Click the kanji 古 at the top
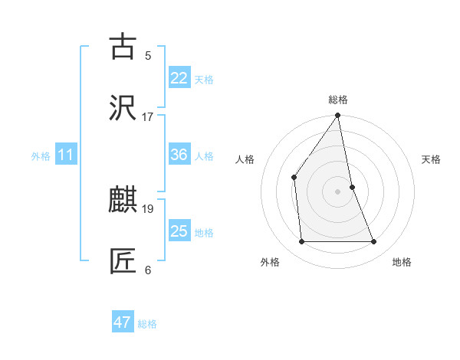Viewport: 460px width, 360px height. [x=123, y=46]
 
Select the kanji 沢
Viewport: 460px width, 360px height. [x=123, y=108]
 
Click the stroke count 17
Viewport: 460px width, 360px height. [x=148, y=117]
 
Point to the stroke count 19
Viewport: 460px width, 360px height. [x=148, y=208]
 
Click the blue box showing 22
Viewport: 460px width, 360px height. [x=179, y=78]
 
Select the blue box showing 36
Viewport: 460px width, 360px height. [x=179, y=155]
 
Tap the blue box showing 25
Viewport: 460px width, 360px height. [x=179, y=231]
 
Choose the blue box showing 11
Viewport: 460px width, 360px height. [x=66, y=155]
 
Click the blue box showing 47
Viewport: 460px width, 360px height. [x=123, y=322]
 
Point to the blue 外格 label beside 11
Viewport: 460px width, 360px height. [x=41, y=156]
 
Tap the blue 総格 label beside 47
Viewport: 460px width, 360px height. [x=147, y=324]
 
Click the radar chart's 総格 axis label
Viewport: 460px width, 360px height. [x=338, y=100]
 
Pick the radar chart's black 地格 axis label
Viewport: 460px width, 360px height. [x=402, y=263]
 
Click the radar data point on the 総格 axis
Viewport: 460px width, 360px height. [x=338, y=116]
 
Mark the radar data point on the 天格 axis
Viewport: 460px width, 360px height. [x=353, y=186]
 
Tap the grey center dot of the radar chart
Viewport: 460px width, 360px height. [x=338, y=191]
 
